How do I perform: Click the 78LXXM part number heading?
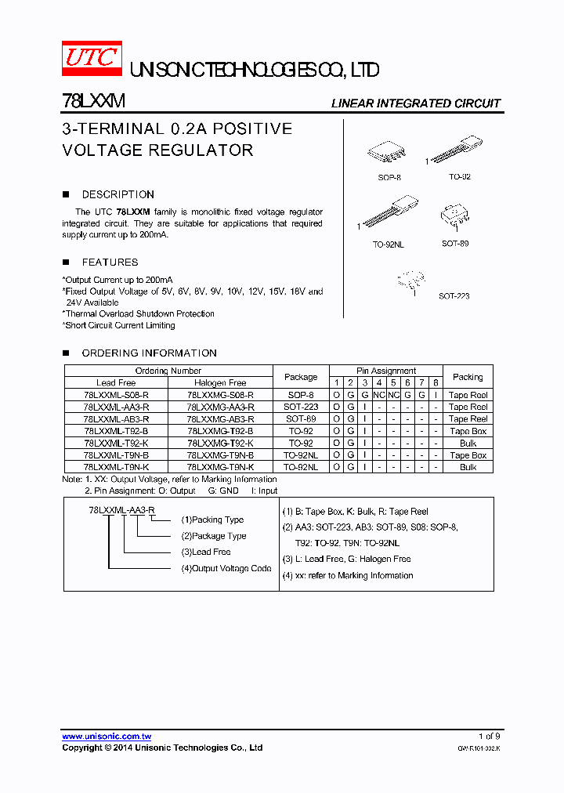[x=93, y=102]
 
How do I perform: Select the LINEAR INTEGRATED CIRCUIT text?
[x=415, y=103]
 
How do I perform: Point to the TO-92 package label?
[x=459, y=178]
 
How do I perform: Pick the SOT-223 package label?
[x=454, y=296]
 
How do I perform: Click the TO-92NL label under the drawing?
[x=388, y=244]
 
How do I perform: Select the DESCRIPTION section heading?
[x=117, y=194]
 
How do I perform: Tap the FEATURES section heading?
[x=110, y=263]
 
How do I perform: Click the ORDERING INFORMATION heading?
[x=149, y=353]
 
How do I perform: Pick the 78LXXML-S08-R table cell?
[x=116, y=396]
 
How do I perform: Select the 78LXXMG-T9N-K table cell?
[x=220, y=467]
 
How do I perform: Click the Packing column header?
[x=468, y=377]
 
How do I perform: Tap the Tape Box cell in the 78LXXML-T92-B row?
[x=468, y=432]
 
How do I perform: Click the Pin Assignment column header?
[x=386, y=371]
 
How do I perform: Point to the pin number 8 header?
[x=436, y=383]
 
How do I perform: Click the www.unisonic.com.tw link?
[x=107, y=737]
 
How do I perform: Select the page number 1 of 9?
[x=489, y=737]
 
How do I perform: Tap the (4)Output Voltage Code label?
[x=226, y=569]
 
